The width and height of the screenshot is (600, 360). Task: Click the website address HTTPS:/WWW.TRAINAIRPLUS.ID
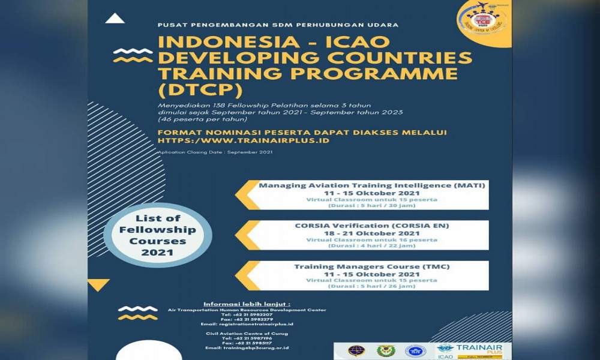tap(244, 141)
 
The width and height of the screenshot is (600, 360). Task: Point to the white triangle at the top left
tap(115, 19)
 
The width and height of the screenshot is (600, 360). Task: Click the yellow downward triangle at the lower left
tap(99, 284)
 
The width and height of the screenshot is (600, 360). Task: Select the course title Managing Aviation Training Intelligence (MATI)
tap(371, 185)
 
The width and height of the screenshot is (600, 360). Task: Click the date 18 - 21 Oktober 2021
tap(372, 233)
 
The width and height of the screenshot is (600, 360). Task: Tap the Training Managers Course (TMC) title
tap(371, 266)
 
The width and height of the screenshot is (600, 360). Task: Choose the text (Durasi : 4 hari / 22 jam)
tap(372, 245)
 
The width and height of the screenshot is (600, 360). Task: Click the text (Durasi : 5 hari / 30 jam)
tap(372, 205)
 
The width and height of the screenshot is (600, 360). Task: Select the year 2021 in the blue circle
tap(157, 253)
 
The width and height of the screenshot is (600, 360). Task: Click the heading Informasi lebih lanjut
tap(247, 304)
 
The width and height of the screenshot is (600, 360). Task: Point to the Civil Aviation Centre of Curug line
tap(247, 333)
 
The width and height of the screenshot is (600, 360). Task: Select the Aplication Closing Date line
tap(215, 152)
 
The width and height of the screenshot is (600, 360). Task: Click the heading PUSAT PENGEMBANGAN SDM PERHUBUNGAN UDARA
tap(278, 25)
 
